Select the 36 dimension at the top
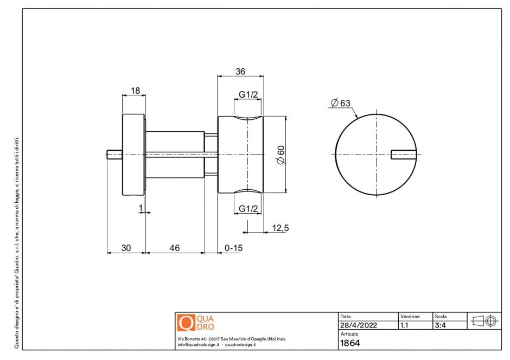pyautogui.click(x=240, y=71)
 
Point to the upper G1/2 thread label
pyautogui.click(x=248, y=95)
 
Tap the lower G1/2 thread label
pyautogui.click(x=248, y=209)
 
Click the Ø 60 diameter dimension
pyautogui.click(x=280, y=155)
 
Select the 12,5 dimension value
pyautogui.click(x=280, y=228)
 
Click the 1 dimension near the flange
pyautogui.click(x=141, y=208)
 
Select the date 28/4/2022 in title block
pyautogui.click(x=358, y=326)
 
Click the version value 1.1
pyautogui.click(x=404, y=326)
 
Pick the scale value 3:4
pyautogui.click(x=441, y=326)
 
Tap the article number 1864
pyautogui.click(x=350, y=343)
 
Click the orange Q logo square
pyautogui.click(x=186, y=323)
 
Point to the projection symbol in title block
pyautogui.click(x=484, y=321)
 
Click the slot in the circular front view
pyautogui.click(x=404, y=155)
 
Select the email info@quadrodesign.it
pyautogui.click(x=197, y=344)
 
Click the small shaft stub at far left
pyautogui.click(x=114, y=155)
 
